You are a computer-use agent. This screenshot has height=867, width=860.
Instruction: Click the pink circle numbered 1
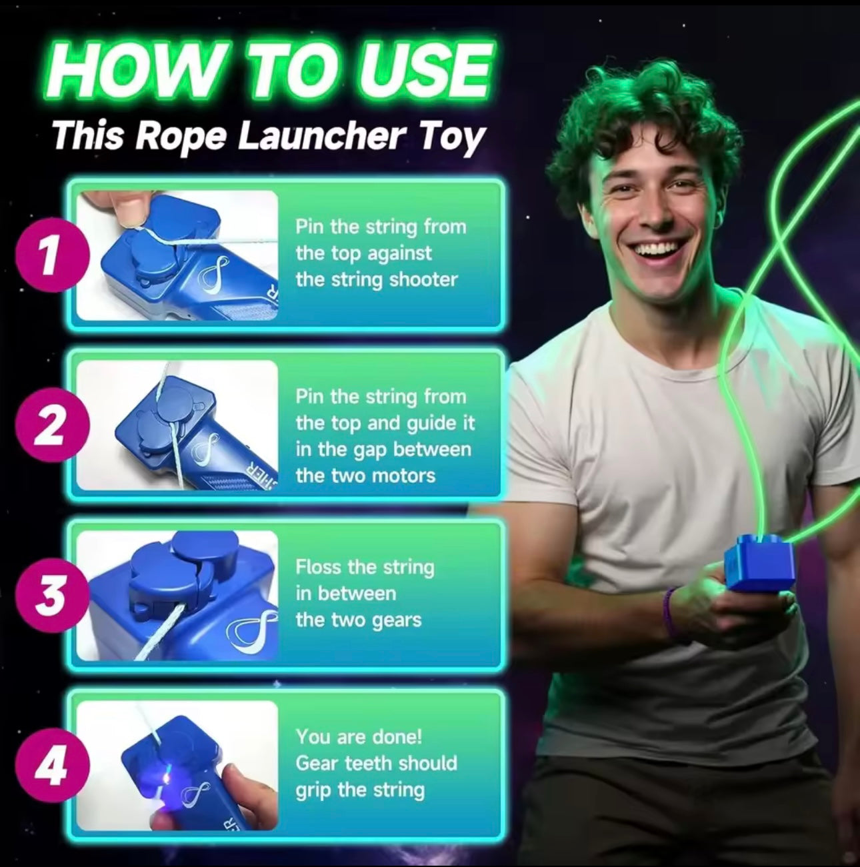(x=52, y=256)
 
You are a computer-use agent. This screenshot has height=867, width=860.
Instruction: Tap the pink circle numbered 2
(x=52, y=425)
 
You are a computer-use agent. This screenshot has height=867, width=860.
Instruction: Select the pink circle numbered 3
(x=52, y=596)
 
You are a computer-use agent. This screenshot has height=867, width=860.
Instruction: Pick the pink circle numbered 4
(x=52, y=766)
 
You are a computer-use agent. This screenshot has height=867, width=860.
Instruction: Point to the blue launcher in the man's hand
(x=759, y=562)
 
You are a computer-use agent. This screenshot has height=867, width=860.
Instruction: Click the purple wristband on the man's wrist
(x=669, y=612)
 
